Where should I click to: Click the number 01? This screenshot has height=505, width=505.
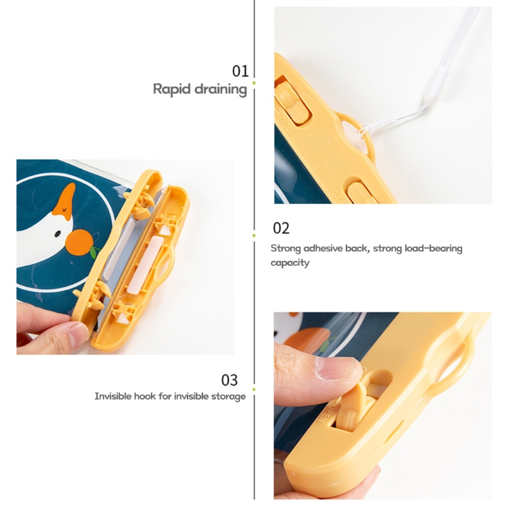pos(241,71)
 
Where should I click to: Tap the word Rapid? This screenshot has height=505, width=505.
pos(171,89)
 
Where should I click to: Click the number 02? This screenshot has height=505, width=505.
pos(281,228)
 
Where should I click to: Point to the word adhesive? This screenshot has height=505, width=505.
pos(323,248)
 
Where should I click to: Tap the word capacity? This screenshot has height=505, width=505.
pos(290,263)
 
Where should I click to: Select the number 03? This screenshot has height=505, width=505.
pos(229,380)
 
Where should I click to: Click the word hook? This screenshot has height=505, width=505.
pos(145,396)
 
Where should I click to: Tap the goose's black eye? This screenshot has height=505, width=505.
pos(57,234)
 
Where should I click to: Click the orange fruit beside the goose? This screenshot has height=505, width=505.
pos(80,242)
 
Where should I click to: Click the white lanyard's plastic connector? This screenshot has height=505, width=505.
pos(436,85)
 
